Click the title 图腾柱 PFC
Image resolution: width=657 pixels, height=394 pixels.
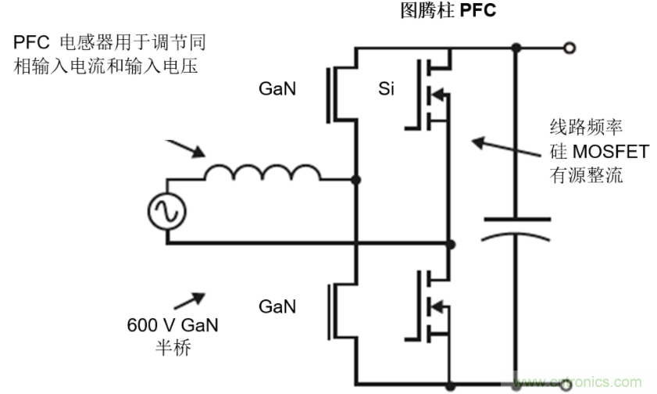pyautogui.click(x=448, y=11)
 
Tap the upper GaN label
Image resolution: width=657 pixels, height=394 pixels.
pyautogui.click(x=277, y=90)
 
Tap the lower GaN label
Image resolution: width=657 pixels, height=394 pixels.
pyautogui.click(x=277, y=306)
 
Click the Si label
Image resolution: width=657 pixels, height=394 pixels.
pyautogui.click(x=386, y=90)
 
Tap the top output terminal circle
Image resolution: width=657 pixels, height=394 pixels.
pyautogui.click(x=570, y=48)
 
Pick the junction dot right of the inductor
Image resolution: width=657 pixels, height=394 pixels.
pyautogui.click(x=356, y=181)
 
